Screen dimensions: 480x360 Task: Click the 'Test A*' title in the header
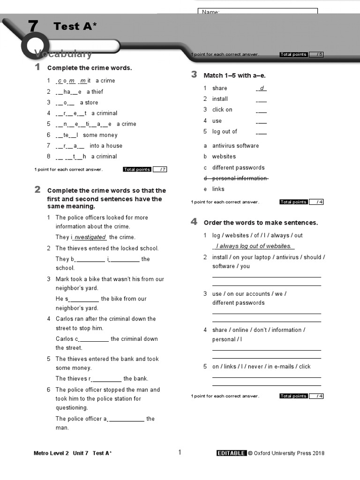click(x=75, y=27)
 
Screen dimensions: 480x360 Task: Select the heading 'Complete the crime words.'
click(x=90, y=68)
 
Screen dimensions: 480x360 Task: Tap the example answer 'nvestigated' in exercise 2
click(x=90, y=237)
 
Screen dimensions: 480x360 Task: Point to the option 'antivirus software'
click(x=235, y=146)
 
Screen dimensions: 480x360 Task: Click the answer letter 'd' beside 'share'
click(x=262, y=88)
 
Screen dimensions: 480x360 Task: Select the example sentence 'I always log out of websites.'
click(x=254, y=246)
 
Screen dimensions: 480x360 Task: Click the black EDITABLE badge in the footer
click(x=231, y=453)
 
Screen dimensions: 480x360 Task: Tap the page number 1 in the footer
click(x=180, y=452)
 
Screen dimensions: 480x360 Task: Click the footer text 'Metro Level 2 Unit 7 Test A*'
click(x=73, y=453)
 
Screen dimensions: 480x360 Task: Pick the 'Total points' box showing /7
click(x=145, y=170)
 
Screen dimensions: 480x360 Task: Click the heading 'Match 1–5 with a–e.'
click(x=234, y=75)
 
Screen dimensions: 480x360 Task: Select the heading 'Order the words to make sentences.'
click(x=261, y=223)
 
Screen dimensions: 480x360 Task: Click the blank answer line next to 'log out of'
click(x=262, y=133)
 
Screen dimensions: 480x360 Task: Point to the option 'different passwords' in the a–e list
click(x=238, y=168)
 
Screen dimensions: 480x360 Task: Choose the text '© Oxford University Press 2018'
click(x=286, y=453)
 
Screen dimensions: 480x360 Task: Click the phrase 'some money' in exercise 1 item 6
click(x=100, y=135)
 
